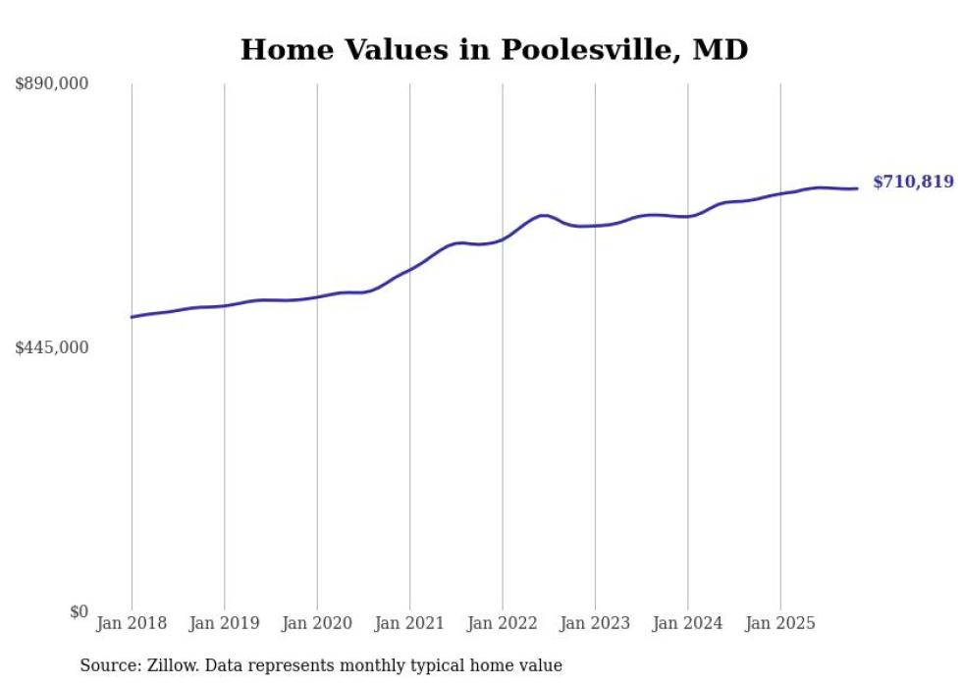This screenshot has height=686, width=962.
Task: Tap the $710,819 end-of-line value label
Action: pyautogui.click(x=913, y=182)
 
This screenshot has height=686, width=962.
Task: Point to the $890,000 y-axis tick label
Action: pyautogui.click(x=52, y=84)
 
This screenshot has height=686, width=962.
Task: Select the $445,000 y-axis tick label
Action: pyautogui.click(x=52, y=347)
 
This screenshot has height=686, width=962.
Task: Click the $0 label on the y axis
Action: pyautogui.click(x=79, y=611)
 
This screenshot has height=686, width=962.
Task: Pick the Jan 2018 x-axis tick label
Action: pyautogui.click(x=132, y=623)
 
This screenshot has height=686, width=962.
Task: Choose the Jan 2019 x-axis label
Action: pyautogui.click(x=224, y=623)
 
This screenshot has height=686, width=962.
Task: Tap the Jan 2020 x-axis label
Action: pyautogui.click(x=317, y=623)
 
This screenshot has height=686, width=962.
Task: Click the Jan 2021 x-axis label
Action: pyautogui.click(x=409, y=623)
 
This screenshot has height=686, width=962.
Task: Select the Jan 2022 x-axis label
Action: pyautogui.click(x=503, y=623)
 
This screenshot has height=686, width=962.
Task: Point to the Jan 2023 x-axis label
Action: pyautogui.click(x=595, y=623)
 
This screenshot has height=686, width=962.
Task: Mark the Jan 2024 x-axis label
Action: pyautogui.click(x=687, y=623)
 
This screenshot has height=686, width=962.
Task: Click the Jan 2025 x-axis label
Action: pyautogui.click(x=780, y=623)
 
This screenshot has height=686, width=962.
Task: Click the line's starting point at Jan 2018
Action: pyautogui.click(x=132, y=317)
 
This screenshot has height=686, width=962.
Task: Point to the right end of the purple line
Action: pyautogui.click(x=858, y=188)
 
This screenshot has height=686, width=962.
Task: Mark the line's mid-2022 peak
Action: pyautogui.click(x=543, y=215)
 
